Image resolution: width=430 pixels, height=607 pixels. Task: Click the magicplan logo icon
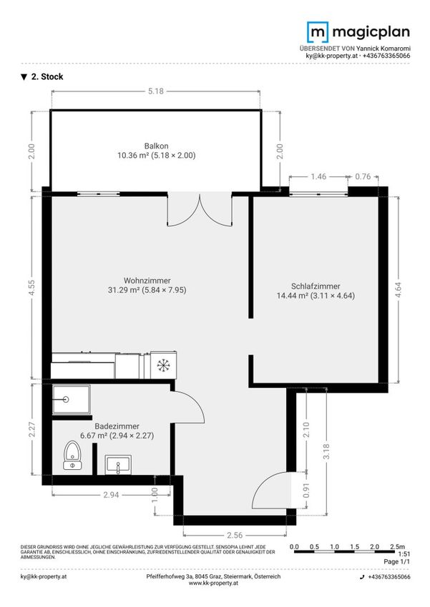pyautogui.click(x=318, y=32)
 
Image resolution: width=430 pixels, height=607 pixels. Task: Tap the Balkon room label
pyautogui.click(x=156, y=146)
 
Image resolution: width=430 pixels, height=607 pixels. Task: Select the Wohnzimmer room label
pyautogui.click(x=147, y=280)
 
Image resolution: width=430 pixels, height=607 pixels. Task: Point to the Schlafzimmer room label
pyautogui.click(x=316, y=286)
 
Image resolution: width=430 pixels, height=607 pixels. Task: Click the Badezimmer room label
pyautogui.click(x=117, y=426)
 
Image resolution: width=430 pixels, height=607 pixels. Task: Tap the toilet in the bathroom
pyautogui.click(x=72, y=456)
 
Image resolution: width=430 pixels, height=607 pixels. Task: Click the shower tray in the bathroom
pyautogui.click(x=72, y=399)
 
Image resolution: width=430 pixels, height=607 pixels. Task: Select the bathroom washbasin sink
pyautogui.click(x=118, y=465)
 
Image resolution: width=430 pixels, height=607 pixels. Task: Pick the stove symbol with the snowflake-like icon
pyautogui.click(x=163, y=365)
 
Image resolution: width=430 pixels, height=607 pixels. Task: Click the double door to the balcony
pyautogui.click(x=200, y=209)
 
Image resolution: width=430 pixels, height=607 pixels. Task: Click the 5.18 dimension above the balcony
pyautogui.click(x=156, y=91)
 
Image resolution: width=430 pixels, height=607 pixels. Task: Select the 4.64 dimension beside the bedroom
pyautogui.click(x=398, y=289)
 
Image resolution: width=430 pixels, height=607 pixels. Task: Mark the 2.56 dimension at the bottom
pyautogui.click(x=235, y=535)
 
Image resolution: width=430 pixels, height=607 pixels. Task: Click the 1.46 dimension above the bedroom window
pyautogui.click(x=318, y=176)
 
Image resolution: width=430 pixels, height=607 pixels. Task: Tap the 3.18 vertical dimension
pyautogui.click(x=326, y=451)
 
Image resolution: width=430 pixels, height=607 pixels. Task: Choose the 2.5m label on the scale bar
pyautogui.click(x=397, y=547)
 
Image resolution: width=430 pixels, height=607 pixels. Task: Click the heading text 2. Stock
pyautogui.click(x=47, y=76)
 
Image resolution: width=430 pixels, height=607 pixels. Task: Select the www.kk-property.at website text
pyautogui.click(x=213, y=583)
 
